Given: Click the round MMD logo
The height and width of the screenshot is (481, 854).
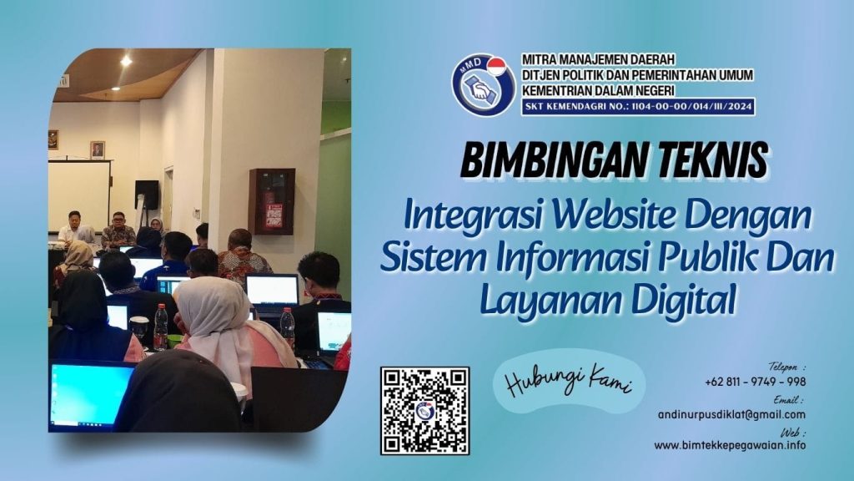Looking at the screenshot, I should (x=483, y=84).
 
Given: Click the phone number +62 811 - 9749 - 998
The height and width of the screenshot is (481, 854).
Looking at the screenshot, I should (x=755, y=382).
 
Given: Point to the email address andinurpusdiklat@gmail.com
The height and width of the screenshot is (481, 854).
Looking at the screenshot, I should (x=731, y=414).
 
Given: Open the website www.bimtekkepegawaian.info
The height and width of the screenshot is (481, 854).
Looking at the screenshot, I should (x=730, y=446).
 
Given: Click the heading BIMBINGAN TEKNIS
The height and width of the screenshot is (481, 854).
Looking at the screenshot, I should (x=613, y=159).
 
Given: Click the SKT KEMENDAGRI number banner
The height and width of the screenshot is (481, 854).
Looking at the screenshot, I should (x=637, y=107).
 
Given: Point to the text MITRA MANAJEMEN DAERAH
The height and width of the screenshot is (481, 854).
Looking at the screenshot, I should (x=598, y=60).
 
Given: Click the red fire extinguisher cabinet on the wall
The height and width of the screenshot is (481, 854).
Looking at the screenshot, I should (x=272, y=201).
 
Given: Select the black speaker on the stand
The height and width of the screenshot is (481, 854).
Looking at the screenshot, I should (x=147, y=195).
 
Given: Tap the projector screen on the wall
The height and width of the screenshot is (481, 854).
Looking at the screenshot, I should (x=79, y=194).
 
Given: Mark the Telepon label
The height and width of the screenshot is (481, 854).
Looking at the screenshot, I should (x=786, y=367).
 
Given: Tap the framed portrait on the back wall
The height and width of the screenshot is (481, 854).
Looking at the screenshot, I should (x=98, y=149).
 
